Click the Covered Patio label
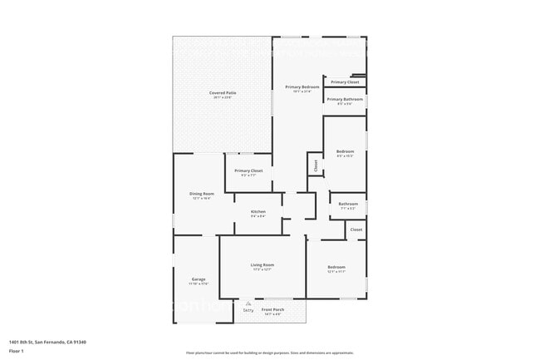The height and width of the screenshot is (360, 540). (x=222, y=93)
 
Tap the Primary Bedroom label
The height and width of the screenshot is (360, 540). (x=302, y=87)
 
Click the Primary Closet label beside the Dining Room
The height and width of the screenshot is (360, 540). (x=248, y=170)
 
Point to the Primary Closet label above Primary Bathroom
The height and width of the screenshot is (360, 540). (x=345, y=82)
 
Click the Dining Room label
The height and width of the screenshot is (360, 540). (x=202, y=194)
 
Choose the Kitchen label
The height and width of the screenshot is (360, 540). (x=258, y=212)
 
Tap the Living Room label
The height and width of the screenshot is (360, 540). (x=263, y=265)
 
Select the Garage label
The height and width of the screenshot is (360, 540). (x=199, y=279)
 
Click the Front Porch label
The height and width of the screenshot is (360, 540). (x=272, y=310)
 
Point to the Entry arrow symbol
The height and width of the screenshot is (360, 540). (x=248, y=304)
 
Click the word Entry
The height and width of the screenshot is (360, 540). (x=248, y=311)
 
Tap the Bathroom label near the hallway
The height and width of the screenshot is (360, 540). (x=348, y=204)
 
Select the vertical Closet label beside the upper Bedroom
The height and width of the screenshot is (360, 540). (x=316, y=165)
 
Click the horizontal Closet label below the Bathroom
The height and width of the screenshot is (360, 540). (x=356, y=229)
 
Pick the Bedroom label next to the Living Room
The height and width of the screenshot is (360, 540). (x=336, y=267)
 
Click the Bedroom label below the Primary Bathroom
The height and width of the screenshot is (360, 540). (x=345, y=151)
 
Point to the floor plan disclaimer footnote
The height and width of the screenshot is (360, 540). (x=270, y=353)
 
